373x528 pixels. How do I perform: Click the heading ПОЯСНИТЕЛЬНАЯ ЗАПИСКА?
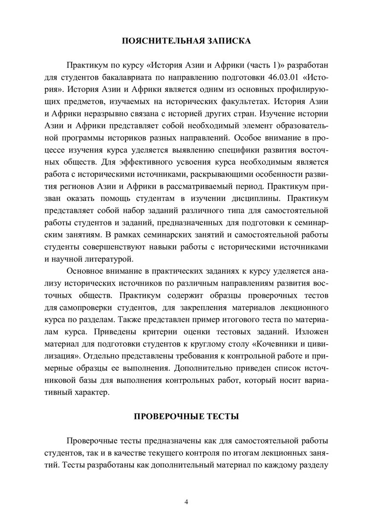click(186, 41)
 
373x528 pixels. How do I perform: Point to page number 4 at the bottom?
click(186, 502)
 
